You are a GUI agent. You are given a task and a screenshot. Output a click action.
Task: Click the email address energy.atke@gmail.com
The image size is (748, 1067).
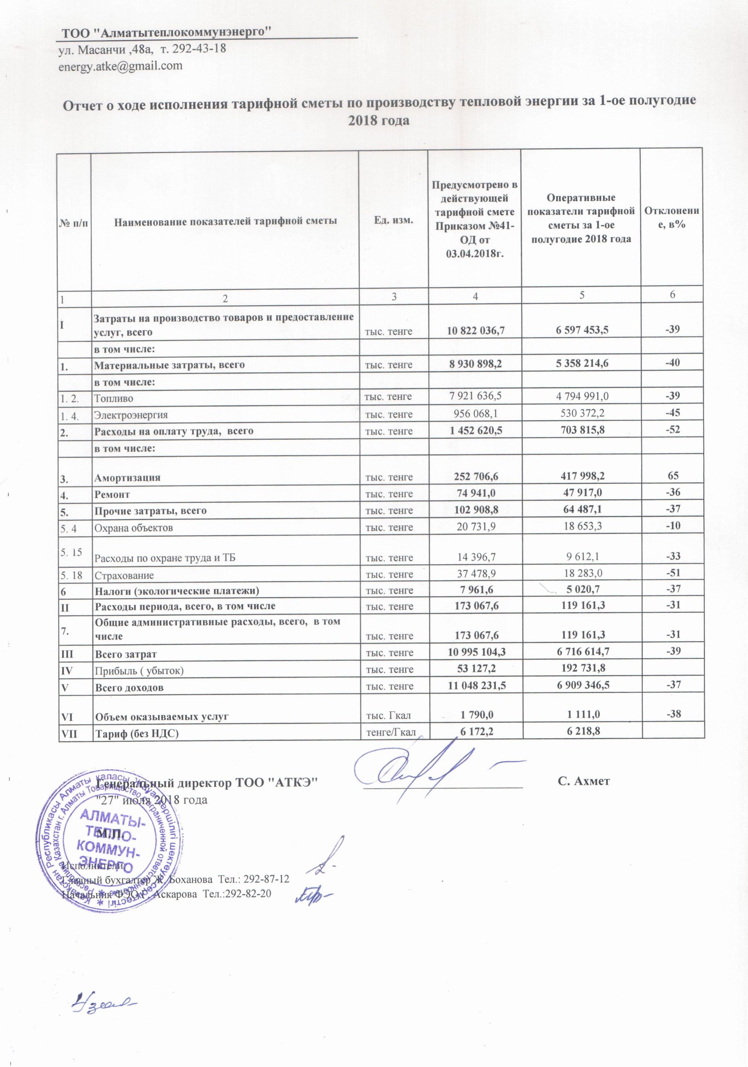pyautogui.click(x=120, y=66)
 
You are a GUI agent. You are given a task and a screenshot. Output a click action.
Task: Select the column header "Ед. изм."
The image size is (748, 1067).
pyautogui.click(x=393, y=220)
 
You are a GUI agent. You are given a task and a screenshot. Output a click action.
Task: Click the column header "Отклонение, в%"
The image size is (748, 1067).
pyautogui.click(x=672, y=217)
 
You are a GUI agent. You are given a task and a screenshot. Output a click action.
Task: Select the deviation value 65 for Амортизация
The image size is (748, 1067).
pyautogui.click(x=672, y=475)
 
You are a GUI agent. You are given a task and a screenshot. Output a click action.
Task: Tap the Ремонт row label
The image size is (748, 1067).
pyautogui.click(x=113, y=495)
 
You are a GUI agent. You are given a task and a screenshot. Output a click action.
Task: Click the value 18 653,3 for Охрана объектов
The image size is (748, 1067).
pyautogui.click(x=582, y=527)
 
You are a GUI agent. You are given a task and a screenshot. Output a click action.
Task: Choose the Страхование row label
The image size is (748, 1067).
pyautogui.click(x=124, y=575)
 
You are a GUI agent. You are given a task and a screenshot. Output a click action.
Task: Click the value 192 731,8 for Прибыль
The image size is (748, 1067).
pyautogui.click(x=582, y=670)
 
